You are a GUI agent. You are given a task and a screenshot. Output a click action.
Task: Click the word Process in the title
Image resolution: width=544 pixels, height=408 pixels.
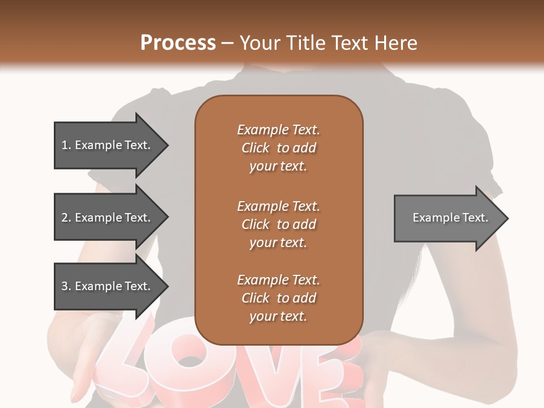[178, 43]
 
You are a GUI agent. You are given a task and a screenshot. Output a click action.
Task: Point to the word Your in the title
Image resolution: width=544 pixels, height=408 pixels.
[261, 43]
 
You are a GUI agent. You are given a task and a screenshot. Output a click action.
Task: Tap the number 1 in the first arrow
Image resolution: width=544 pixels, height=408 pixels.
[65, 145]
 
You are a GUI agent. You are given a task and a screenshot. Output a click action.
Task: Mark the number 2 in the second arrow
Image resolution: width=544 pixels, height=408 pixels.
[65, 218]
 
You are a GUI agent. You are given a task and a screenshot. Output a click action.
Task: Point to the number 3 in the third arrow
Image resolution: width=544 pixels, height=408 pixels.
[65, 286]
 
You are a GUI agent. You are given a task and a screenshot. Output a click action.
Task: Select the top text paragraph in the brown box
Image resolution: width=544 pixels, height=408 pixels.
[278, 148]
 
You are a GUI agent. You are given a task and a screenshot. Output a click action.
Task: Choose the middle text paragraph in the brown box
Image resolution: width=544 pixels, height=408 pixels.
[278, 224]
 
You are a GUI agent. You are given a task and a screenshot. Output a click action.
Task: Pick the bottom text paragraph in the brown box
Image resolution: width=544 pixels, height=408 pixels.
[278, 298]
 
